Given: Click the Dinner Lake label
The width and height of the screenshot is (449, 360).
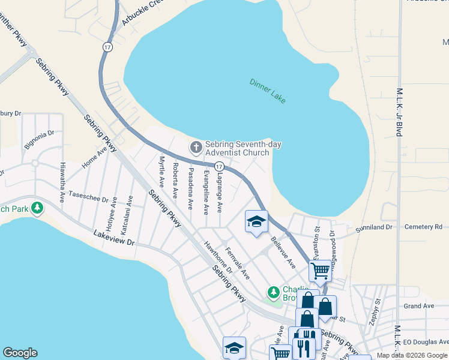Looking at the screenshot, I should coord(268,91).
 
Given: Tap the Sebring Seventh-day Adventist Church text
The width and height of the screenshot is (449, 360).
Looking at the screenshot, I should coord(243,148).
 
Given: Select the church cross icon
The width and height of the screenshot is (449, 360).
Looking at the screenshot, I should coord(196,147).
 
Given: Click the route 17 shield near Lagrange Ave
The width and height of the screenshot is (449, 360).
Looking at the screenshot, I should coord(219,166).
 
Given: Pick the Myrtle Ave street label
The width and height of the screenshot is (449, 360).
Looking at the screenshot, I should coord(161,173).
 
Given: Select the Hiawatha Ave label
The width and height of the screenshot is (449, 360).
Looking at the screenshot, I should coord(62,181).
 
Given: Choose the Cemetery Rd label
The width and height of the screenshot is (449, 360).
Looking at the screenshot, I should coord(423,227).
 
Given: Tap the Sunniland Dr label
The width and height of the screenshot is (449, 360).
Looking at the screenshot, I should coord(373,228).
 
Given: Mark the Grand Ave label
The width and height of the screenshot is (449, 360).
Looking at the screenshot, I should coord(418,306).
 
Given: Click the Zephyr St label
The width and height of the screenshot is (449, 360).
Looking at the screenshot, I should coord(376,310).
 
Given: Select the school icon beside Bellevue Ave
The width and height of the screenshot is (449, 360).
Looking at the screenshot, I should coord(256,221).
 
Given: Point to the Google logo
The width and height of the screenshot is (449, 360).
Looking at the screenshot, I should coord(20,353).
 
